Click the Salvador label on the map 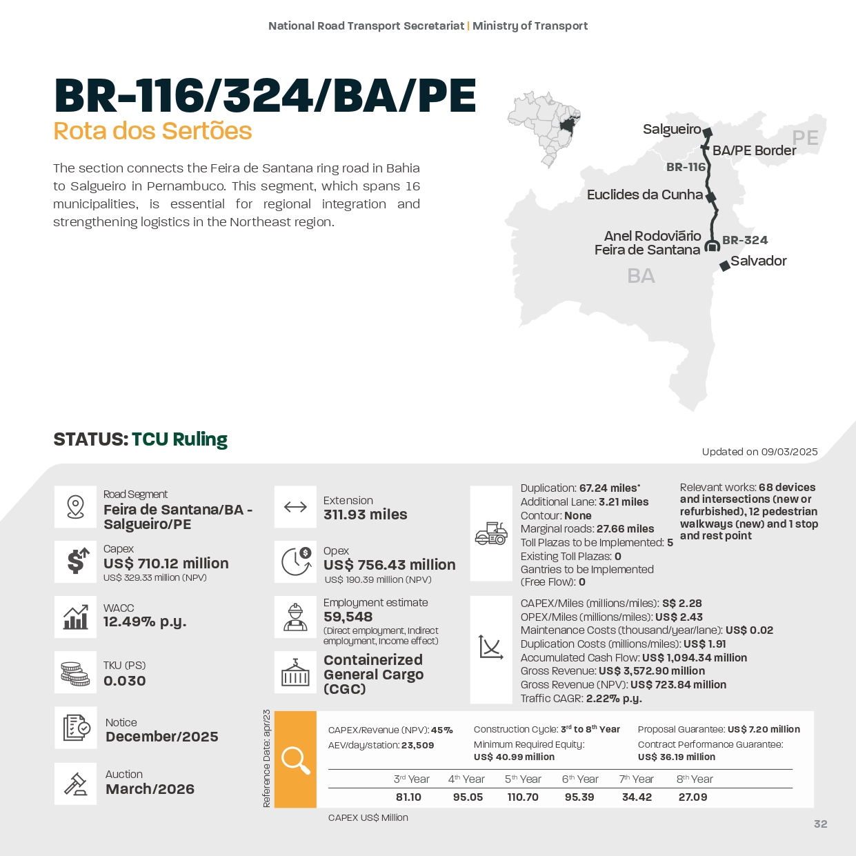pos(758,261)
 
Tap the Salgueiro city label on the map pos(671,129)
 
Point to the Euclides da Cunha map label pos(644,195)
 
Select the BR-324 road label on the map pos(744,240)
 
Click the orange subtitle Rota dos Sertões pos(152,131)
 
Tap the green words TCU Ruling pos(179,439)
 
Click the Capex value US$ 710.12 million pos(166,564)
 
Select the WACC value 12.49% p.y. pos(145,621)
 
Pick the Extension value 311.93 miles pos(365,515)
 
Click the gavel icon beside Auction pos(75,784)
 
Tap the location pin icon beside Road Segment pos(75,507)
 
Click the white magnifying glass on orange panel pos(295,759)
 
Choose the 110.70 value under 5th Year pos(522,797)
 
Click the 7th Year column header pos(636,779)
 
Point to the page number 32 pos(820,824)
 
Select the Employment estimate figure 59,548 pos(348,617)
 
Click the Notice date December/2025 pos(161,737)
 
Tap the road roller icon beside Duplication pos(490,533)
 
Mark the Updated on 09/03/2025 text pos(759,452)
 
